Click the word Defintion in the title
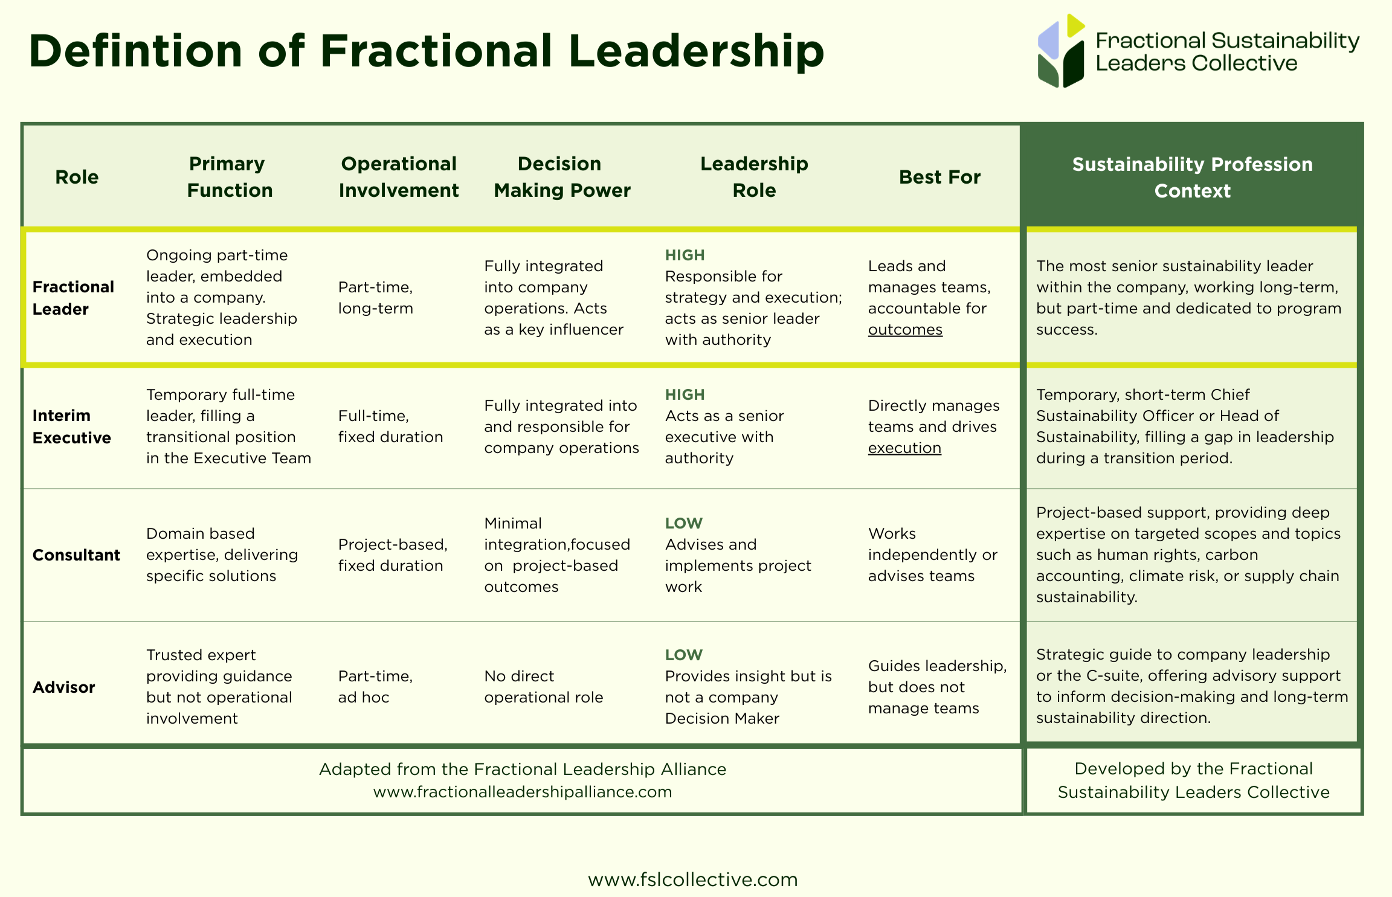[x=135, y=51]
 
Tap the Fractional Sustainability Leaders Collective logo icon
[x=1060, y=51]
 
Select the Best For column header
[x=939, y=177]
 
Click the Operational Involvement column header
[x=399, y=177]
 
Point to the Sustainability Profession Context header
[x=1192, y=177]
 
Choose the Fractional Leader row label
[x=73, y=298]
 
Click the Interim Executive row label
[x=71, y=426]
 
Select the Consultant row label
[x=76, y=555]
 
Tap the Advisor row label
[x=63, y=687]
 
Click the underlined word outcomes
[x=905, y=330]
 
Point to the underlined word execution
[x=904, y=448]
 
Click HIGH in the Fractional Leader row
[x=685, y=256]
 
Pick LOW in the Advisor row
[x=683, y=655]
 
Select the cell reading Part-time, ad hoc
[x=375, y=687]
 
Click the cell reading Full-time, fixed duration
[x=390, y=426]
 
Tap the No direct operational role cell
[x=543, y=687]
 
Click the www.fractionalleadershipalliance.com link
[x=522, y=792]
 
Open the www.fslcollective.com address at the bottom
[x=692, y=879]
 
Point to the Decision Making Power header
[x=562, y=177]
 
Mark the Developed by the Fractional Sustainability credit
[x=1193, y=780]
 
